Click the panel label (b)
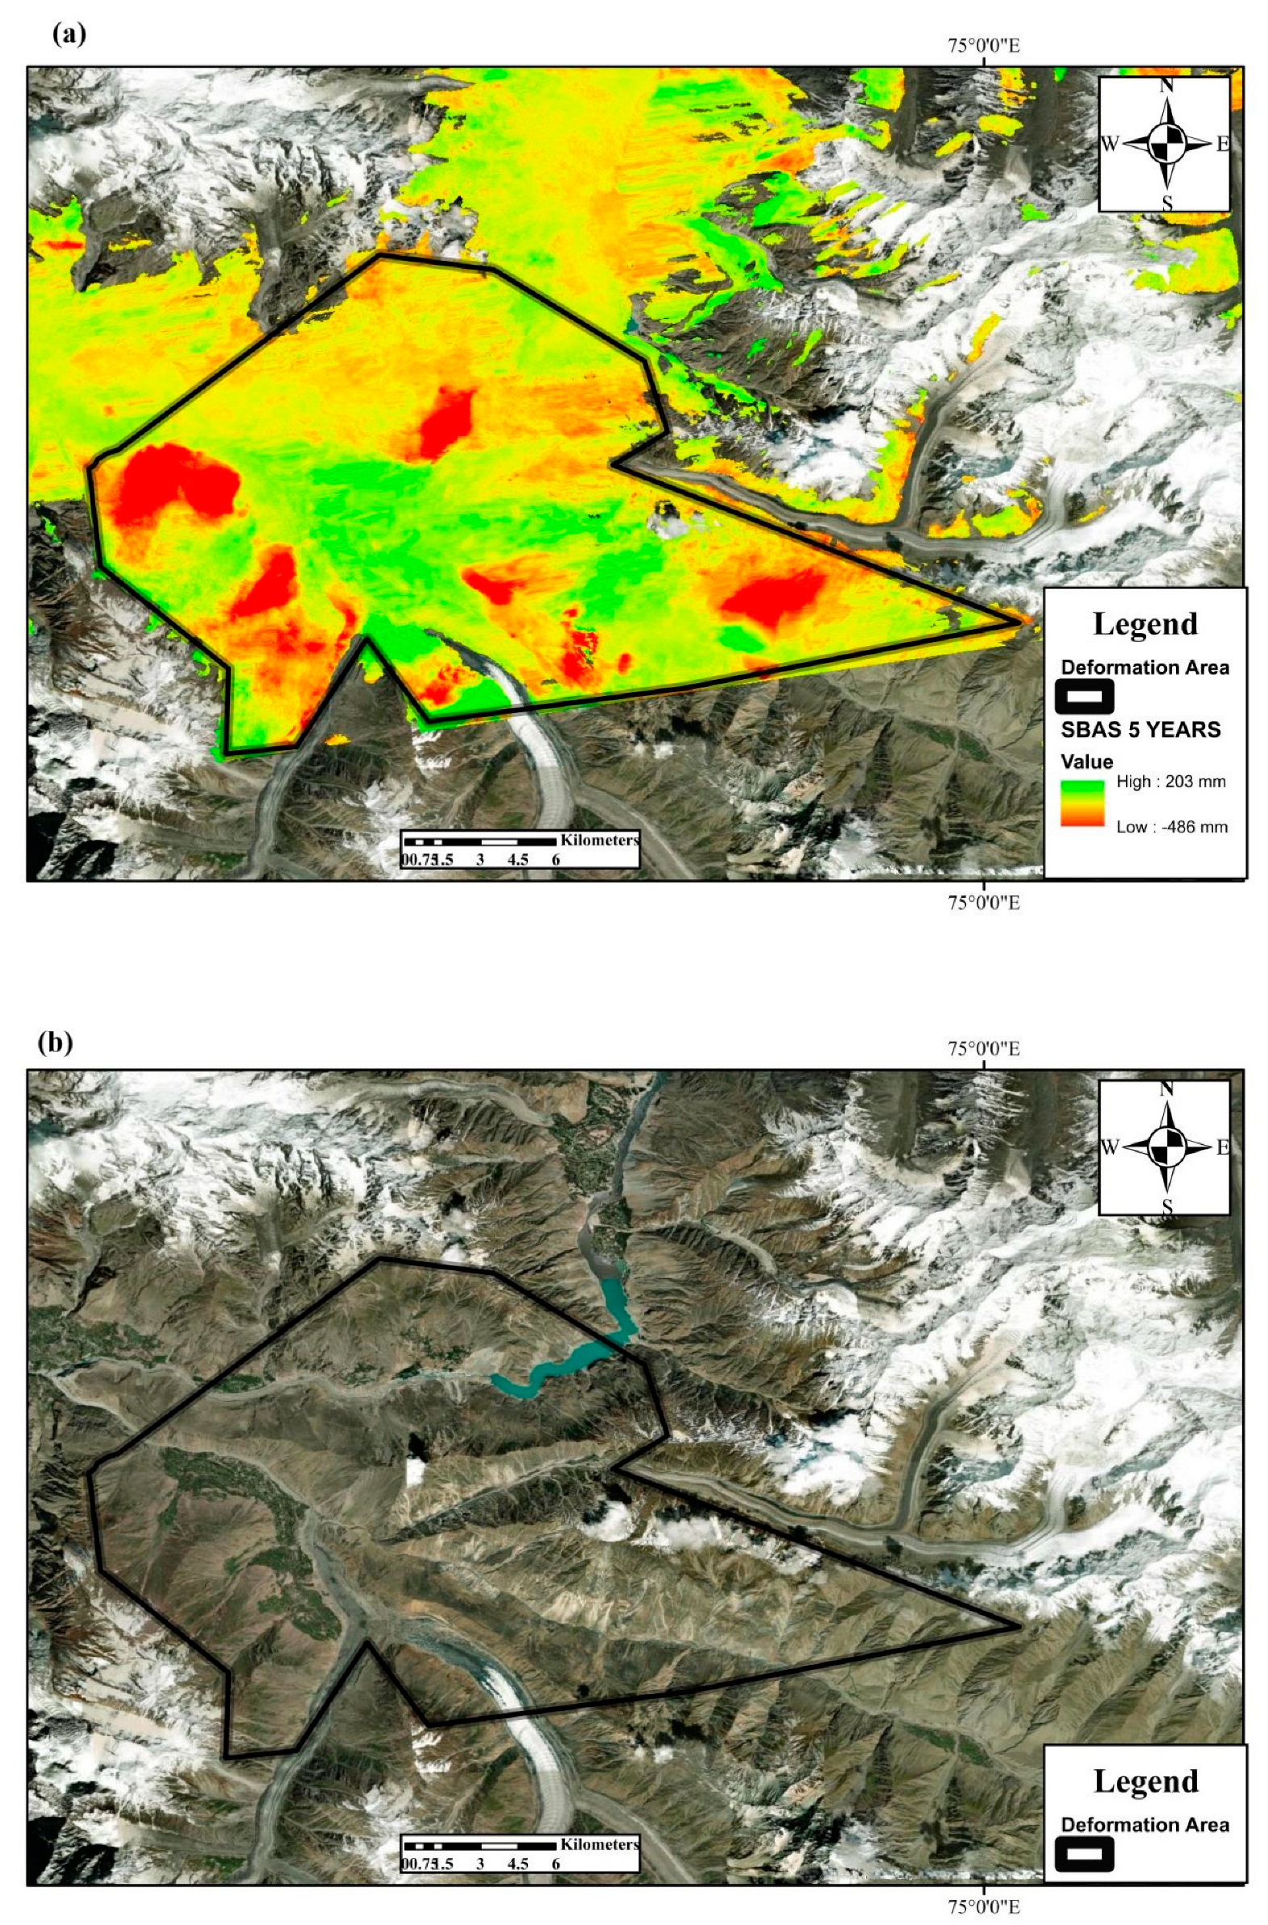pos(55,1042)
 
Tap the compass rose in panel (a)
pos(1165,144)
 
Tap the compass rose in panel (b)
pos(1165,1147)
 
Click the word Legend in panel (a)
pos(1145,623)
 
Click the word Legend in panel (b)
pos(1145,1782)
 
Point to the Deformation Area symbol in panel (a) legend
pos(1085,695)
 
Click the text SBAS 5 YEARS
pos(1140,730)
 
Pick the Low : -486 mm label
pos(1172,827)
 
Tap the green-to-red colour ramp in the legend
pos(1082,803)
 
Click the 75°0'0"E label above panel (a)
pos(983,45)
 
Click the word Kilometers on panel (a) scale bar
pos(599,840)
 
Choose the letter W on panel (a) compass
pos(1110,145)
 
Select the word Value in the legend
pos(1087,761)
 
